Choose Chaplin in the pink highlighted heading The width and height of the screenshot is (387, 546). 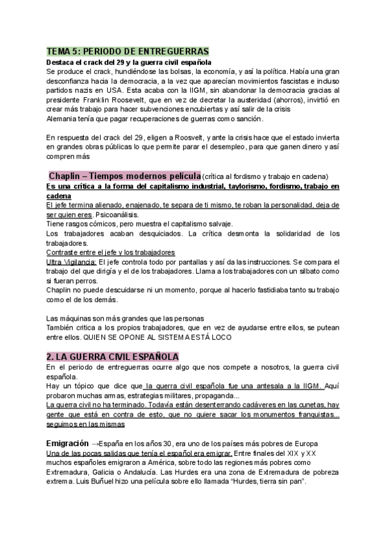coord(67,176)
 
